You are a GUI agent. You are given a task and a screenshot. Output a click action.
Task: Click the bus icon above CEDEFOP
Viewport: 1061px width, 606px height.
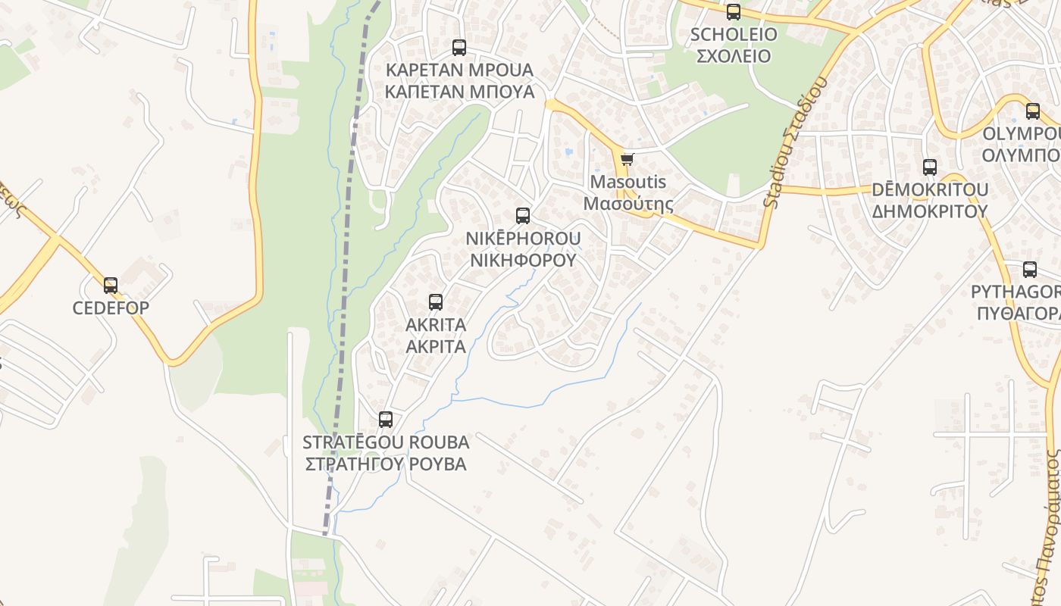tap(111, 286)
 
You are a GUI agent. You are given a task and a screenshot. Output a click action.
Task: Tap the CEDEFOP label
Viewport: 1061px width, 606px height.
tap(111, 308)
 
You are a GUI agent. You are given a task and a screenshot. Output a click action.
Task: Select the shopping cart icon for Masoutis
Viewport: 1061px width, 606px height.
tap(627, 160)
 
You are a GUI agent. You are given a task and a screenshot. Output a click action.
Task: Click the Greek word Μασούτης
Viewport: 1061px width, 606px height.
tap(628, 204)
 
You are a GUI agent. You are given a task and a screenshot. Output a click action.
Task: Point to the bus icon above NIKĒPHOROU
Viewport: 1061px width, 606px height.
tap(523, 216)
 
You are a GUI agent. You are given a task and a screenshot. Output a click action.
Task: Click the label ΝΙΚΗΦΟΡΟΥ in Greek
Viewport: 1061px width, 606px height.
tap(523, 261)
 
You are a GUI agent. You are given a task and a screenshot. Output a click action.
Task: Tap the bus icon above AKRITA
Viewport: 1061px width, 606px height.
tap(436, 302)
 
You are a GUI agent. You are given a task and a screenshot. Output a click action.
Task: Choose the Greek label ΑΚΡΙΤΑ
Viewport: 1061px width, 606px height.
tap(436, 347)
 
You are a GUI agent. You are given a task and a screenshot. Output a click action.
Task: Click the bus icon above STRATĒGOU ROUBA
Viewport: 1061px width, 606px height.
tap(386, 420)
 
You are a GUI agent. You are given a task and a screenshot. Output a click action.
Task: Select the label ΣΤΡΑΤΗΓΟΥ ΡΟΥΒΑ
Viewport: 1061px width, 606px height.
tap(386, 464)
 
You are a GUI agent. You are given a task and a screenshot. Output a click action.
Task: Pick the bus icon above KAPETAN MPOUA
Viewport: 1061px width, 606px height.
tap(459, 48)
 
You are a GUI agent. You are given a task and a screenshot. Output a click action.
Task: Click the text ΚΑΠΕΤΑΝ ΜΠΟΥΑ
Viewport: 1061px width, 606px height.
tap(459, 92)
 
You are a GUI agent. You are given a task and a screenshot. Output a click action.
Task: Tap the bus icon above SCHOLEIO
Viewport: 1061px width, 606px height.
tap(734, 12)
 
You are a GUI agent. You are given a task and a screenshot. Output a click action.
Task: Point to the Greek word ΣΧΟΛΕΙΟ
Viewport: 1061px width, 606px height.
tap(734, 56)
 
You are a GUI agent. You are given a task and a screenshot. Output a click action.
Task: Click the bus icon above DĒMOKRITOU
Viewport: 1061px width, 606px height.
tap(930, 167)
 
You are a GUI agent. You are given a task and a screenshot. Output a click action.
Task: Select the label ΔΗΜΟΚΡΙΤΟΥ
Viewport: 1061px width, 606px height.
tap(930, 211)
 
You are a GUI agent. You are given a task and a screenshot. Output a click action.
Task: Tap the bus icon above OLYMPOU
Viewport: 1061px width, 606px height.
tap(1033, 111)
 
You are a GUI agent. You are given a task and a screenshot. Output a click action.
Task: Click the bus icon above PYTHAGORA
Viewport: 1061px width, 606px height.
tap(1030, 270)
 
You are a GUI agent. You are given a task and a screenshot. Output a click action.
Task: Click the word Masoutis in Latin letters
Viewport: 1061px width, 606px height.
tap(628, 182)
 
